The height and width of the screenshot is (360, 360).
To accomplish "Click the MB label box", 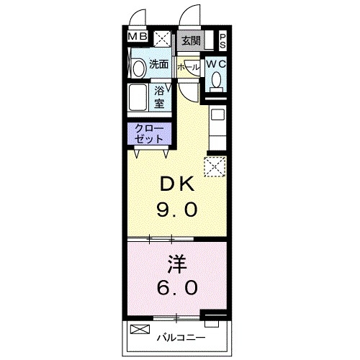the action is click(138, 37).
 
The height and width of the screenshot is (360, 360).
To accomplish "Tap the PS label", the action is click(223, 41).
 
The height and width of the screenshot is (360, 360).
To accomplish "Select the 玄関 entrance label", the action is click(191, 41).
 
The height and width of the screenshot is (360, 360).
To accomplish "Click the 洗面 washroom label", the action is click(158, 64).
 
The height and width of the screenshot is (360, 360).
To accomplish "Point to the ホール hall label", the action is click(189, 68).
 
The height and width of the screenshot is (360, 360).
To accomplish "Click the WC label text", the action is click(216, 64).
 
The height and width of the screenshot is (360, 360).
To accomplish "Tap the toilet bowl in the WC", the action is click(217, 80).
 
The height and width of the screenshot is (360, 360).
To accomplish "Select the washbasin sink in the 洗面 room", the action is click(140, 68).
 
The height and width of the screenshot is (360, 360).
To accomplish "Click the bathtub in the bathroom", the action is click(138, 97).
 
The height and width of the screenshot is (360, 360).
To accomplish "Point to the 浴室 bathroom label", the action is click(159, 97).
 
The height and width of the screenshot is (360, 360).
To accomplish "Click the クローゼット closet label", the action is click(149, 133).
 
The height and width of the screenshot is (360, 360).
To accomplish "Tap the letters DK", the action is click(177, 184).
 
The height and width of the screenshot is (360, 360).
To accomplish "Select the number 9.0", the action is click(177, 209).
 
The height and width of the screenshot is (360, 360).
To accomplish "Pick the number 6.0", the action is click(177, 287).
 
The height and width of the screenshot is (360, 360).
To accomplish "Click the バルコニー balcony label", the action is click(181, 338).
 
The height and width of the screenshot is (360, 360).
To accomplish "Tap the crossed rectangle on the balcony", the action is click(140, 329).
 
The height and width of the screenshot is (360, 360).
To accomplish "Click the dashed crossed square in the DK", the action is click(215, 166).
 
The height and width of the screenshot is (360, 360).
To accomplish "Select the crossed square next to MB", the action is click(162, 39).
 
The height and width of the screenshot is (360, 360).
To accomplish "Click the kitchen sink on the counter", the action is click(217, 114).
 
